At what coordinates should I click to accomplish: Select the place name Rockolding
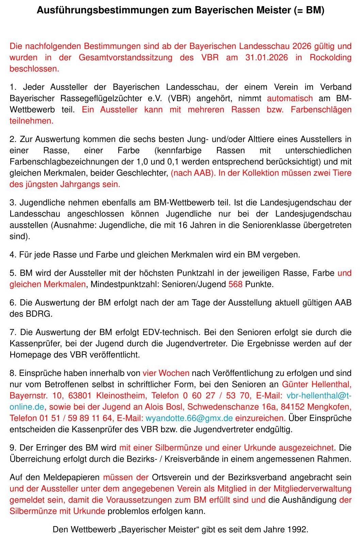pos(330,57)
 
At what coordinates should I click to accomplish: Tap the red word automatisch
pos(289,98)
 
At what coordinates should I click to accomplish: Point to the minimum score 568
pos(235,284)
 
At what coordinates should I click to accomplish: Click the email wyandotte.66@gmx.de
pos(189,418)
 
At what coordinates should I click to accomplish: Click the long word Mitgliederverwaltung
pos(312,488)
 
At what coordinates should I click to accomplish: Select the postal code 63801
pos(80,395)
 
